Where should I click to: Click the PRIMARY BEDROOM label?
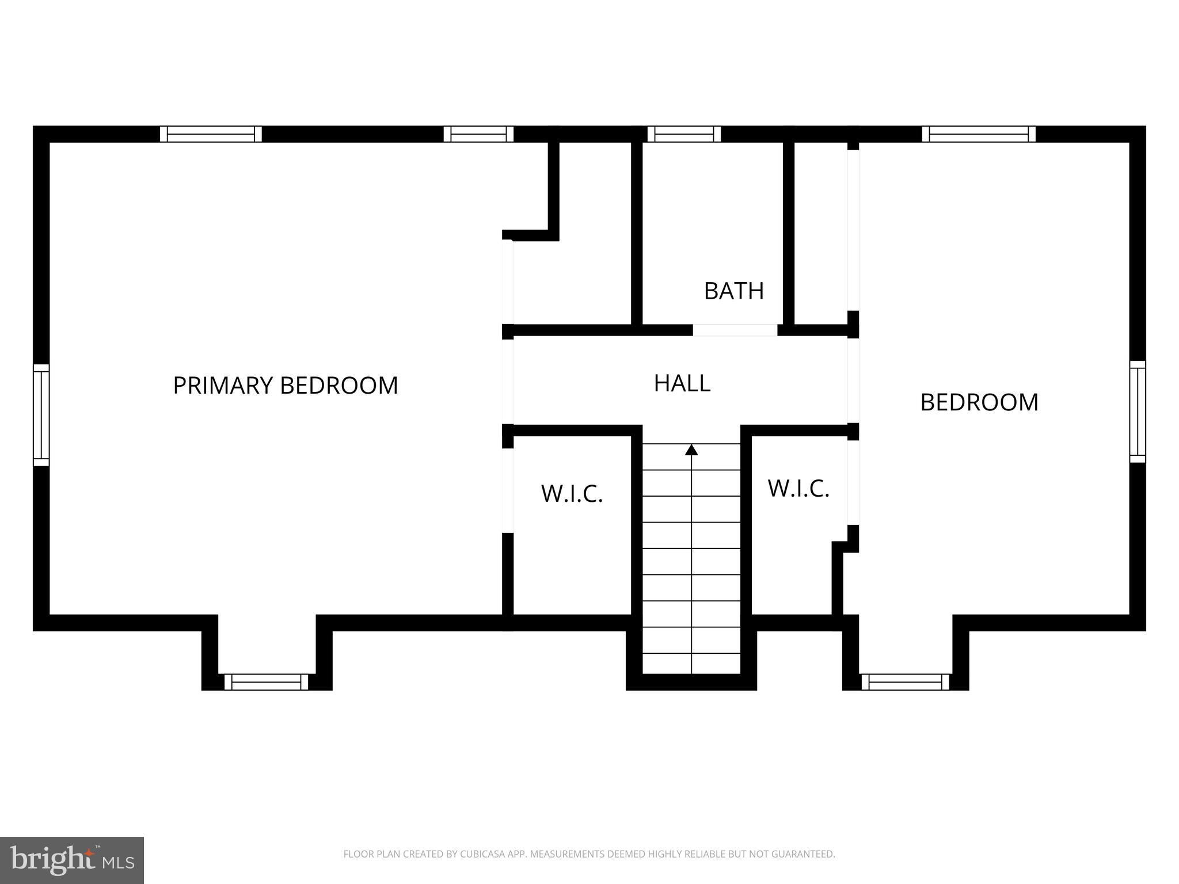(x=286, y=386)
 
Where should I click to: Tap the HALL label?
(x=682, y=383)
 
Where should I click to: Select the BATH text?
(x=734, y=291)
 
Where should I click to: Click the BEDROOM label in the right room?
(x=979, y=402)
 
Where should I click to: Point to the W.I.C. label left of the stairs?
(x=572, y=494)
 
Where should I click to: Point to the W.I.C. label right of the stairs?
(x=798, y=489)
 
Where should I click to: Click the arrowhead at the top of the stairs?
(x=691, y=450)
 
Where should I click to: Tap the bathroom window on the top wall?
(x=684, y=134)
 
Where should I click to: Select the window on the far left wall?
(x=41, y=415)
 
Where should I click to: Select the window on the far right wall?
(x=1138, y=411)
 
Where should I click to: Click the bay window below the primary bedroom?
(x=267, y=682)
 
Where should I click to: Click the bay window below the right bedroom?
(x=905, y=682)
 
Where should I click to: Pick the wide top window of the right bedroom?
(x=979, y=134)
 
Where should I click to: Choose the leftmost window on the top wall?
(x=211, y=134)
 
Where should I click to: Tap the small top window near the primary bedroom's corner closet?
(x=478, y=134)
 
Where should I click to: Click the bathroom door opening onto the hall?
(x=735, y=330)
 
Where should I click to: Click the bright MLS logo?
(x=72, y=860)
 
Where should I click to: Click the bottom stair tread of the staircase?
(x=691, y=664)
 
